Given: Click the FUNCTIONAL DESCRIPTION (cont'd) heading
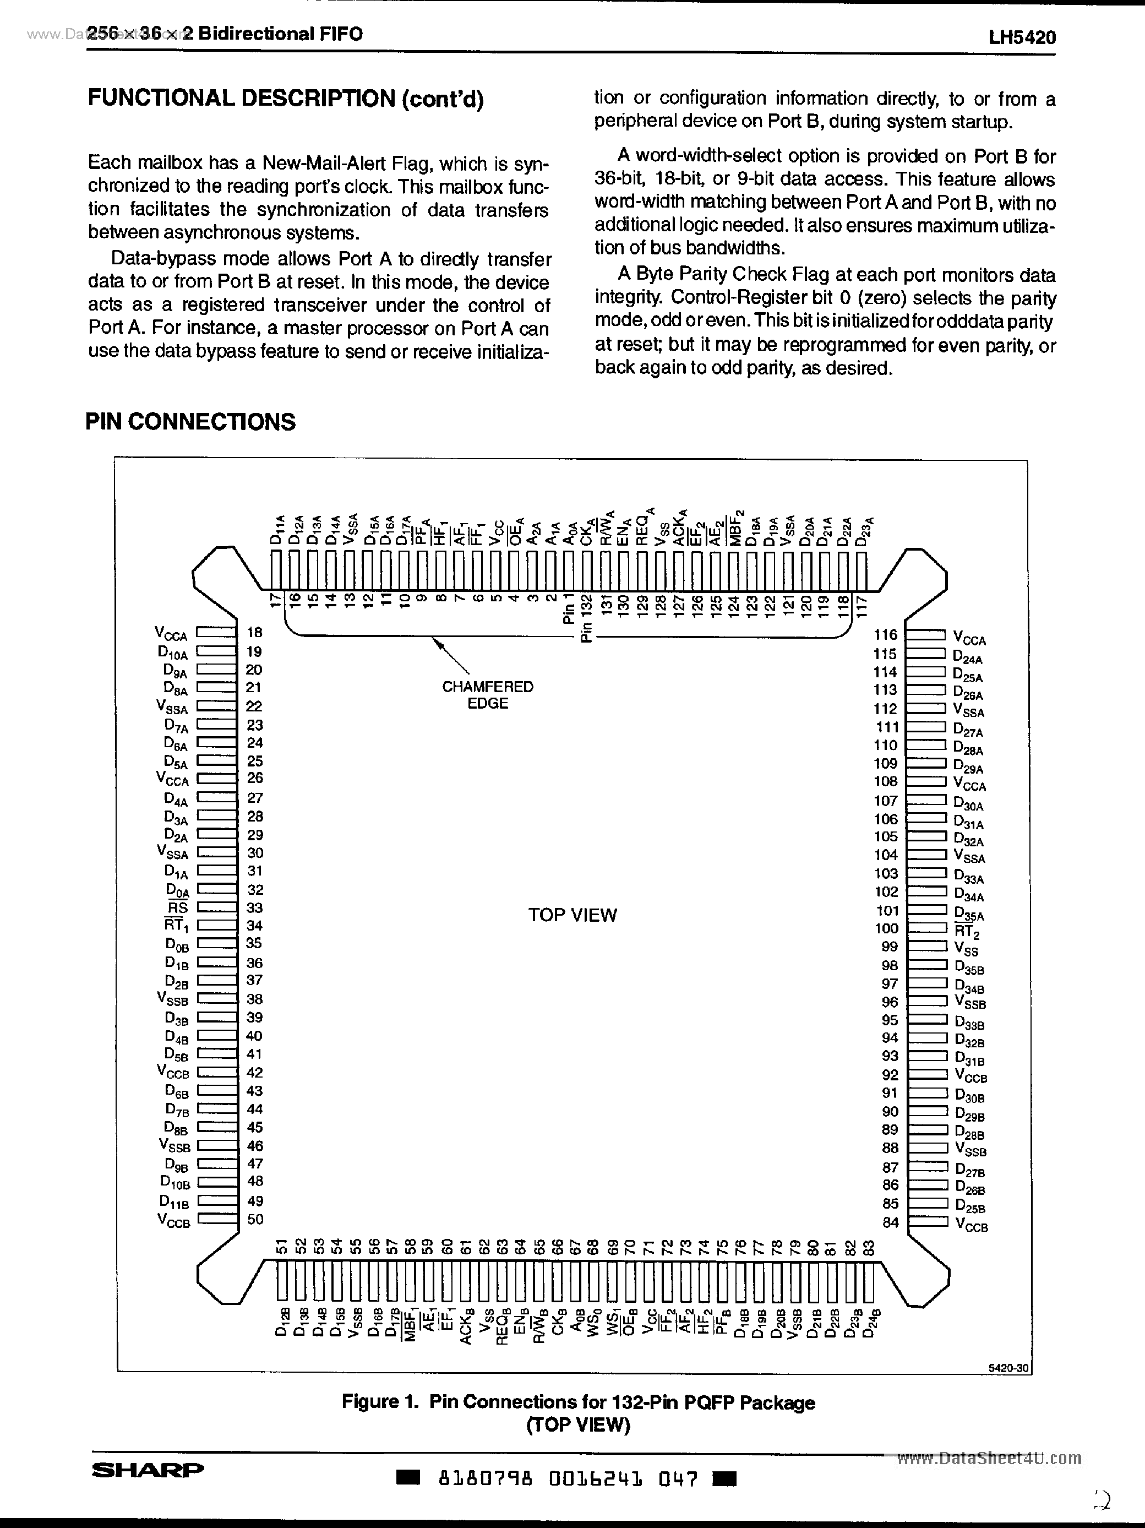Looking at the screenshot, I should (285, 99).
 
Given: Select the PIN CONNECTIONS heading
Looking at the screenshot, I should (190, 421).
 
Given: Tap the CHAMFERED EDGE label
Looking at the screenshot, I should (488, 695).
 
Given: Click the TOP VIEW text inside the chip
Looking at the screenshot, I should (572, 915).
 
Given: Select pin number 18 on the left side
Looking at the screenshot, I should (255, 632).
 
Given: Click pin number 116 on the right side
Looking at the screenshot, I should (885, 634).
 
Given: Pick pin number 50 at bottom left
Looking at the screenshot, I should (255, 1219).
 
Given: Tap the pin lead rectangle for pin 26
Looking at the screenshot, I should (216, 779).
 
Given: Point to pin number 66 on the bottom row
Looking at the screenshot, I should (557, 1247).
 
